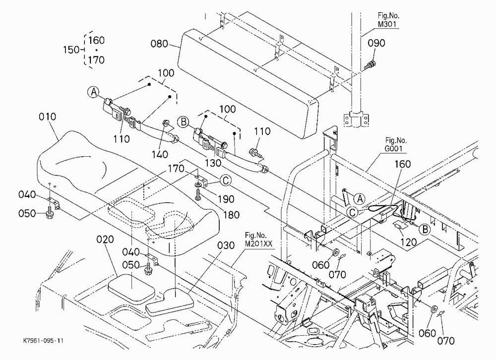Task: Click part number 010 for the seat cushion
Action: point(48,117)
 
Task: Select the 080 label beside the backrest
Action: point(159,44)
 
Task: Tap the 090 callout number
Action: point(376,43)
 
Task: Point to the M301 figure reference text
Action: point(388,24)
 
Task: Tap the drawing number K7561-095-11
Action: point(43,341)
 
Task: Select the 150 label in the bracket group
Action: point(71,50)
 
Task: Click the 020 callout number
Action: point(105,239)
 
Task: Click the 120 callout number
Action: point(409,242)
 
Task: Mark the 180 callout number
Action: point(231,215)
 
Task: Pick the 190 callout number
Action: point(226,199)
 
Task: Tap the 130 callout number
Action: point(213,163)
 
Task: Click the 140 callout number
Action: point(160,154)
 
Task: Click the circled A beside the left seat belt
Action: point(93,92)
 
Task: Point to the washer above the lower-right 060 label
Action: point(434,309)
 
